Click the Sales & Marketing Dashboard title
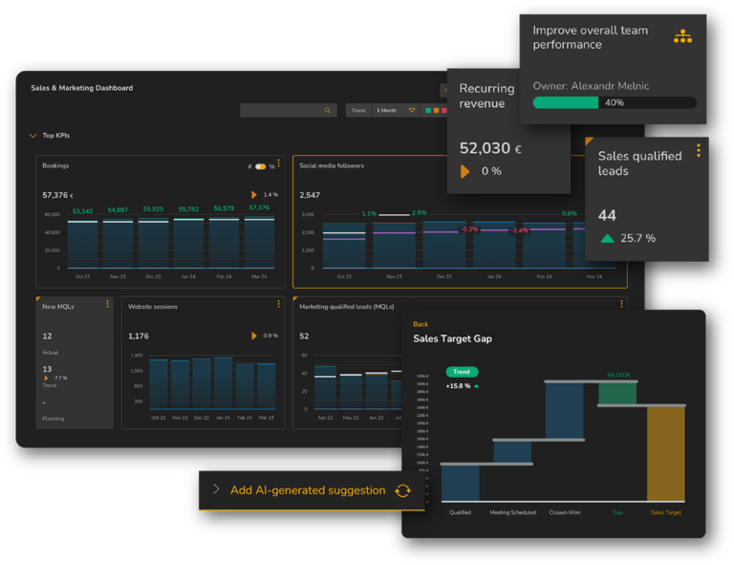(81, 88)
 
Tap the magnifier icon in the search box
(327, 111)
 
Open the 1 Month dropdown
(395, 111)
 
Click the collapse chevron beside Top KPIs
(32, 136)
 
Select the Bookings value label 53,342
(82, 211)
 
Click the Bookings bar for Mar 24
(259, 243)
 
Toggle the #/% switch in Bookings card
(260, 166)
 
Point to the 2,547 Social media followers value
(310, 195)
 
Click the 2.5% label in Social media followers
(419, 212)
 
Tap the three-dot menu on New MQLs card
(107, 305)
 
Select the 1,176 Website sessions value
(139, 336)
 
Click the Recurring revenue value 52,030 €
(490, 148)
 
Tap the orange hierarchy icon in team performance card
(682, 36)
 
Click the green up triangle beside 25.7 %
(607, 238)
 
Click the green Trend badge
(462, 372)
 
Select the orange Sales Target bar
(665, 453)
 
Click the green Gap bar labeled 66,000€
(617, 393)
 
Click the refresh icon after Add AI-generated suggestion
(402, 490)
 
